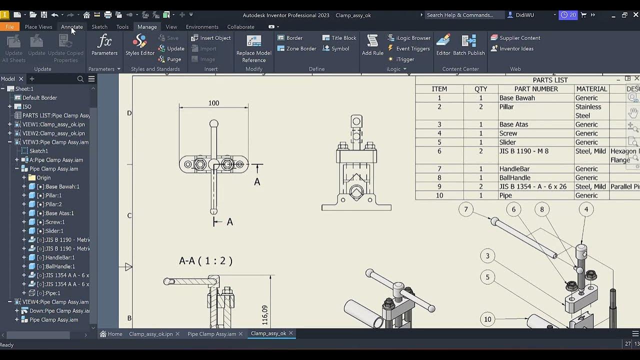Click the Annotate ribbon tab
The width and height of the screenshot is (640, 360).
71,27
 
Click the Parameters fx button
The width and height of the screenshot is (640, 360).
104,45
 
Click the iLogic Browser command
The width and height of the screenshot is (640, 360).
408,38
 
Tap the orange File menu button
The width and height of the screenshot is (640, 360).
9,27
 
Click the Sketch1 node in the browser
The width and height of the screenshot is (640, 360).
38,151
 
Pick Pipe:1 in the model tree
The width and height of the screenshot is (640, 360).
52,293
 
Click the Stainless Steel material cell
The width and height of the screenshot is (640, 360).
588,111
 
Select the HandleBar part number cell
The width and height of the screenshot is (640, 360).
514,169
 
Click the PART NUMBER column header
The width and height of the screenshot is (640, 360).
535,89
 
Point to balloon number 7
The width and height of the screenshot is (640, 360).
465,209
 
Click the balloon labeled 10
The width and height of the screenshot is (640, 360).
487,319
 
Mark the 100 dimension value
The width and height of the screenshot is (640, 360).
213,103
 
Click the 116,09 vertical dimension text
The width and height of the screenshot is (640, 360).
264,315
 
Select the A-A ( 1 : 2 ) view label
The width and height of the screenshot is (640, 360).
205,261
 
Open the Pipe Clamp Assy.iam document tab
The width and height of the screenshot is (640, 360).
211,334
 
